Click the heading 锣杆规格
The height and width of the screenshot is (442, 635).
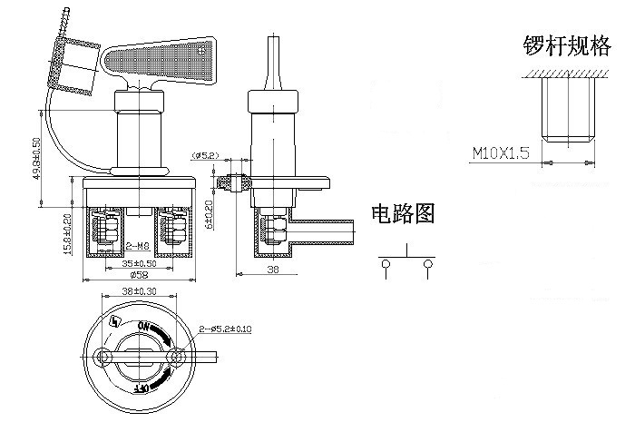[x=567, y=47]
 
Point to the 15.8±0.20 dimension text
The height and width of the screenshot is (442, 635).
[x=68, y=235]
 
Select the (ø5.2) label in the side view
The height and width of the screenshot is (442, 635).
[x=206, y=156]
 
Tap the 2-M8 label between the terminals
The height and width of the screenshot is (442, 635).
[x=137, y=245]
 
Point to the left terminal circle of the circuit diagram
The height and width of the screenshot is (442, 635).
[x=386, y=264]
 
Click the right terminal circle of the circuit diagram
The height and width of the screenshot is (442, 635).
[x=425, y=264]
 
